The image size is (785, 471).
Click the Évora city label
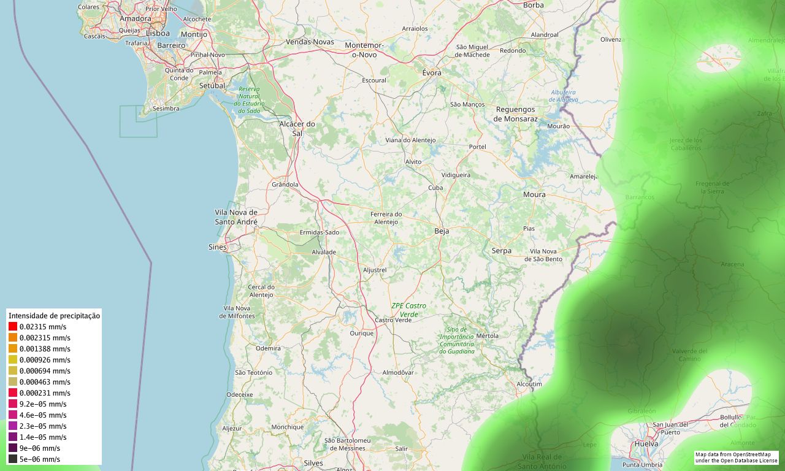[432, 72]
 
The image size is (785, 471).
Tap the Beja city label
[442, 231]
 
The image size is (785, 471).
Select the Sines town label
[217, 247]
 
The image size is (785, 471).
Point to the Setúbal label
[212, 86]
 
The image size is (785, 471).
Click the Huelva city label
[646, 443]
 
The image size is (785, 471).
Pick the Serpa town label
[501, 250]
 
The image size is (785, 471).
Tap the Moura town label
[534, 194]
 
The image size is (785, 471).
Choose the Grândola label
[285, 184]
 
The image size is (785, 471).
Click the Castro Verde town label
[393, 320]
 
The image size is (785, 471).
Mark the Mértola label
[487, 335]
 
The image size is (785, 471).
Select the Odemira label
[268, 348]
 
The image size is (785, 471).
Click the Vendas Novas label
[310, 42]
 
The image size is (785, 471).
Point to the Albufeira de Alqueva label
[563, 96]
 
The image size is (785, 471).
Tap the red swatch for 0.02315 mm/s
[13, 327]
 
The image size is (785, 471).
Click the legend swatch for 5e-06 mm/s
[13, 459]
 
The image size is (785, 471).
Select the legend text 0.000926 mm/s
[44, 360]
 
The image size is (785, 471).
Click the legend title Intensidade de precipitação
[54, 315]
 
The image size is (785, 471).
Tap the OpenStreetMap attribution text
[736, 458]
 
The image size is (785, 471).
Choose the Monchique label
[287, 427]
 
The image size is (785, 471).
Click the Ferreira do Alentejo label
[386, 218]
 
